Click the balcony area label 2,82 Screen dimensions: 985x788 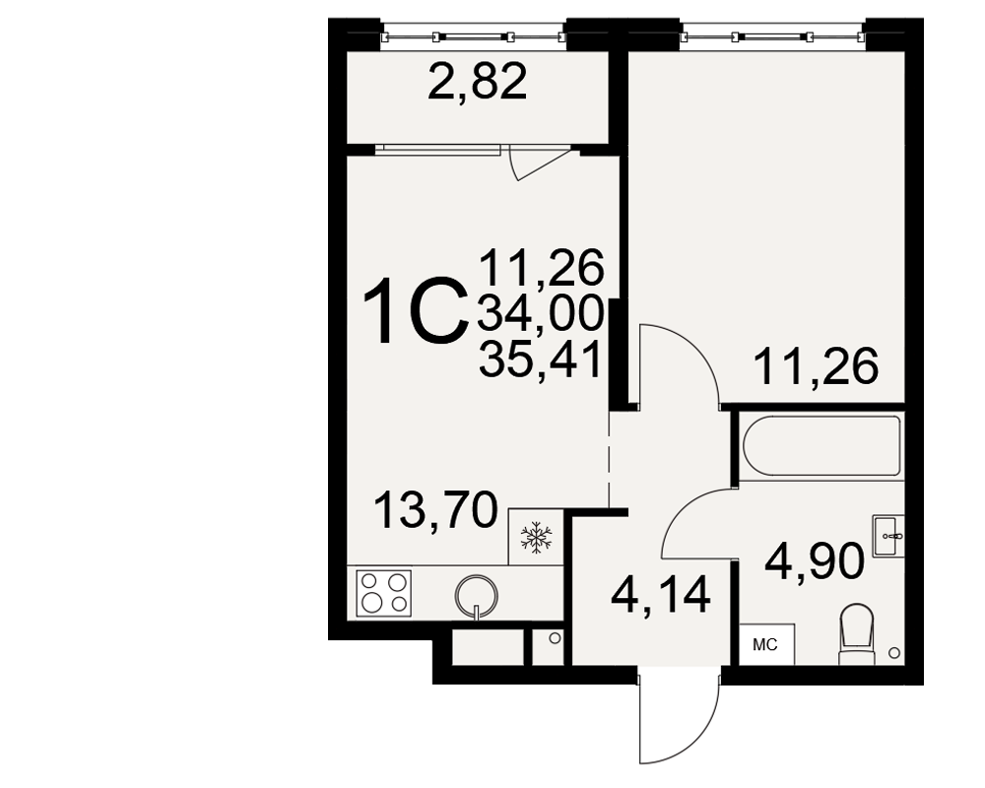(477, 83)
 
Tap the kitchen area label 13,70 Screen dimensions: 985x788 (435, 509)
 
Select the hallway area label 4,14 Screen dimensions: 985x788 (660, 595)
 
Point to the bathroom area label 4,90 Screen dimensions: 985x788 (815, 561)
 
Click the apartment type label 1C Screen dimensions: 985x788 (416, 312)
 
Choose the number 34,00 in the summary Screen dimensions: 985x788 (541, 313)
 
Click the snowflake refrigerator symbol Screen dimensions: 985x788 (536, 537)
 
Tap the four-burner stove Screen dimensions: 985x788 (384, 593)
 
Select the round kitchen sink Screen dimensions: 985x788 (477, 595)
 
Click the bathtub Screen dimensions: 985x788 (821, 446)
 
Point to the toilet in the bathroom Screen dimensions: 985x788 (858, 633)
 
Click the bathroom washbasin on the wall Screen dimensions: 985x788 (888, 536)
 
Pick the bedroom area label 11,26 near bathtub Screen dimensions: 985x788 (815, 367)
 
